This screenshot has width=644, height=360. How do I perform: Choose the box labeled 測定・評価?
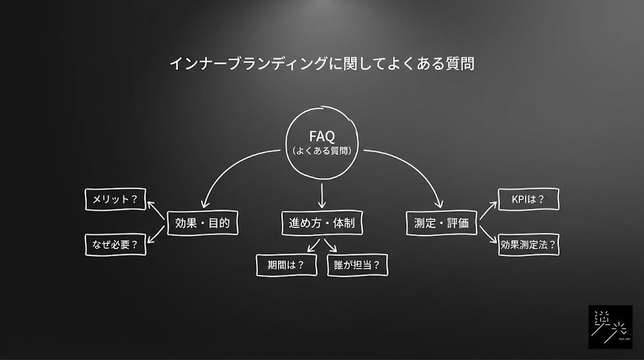(x=441, y=223)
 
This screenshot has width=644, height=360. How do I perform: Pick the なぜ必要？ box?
(x=115, y=245)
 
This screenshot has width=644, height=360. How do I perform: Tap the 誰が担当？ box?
(x=357, y=265)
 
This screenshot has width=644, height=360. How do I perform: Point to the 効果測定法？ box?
(x=528, y=245)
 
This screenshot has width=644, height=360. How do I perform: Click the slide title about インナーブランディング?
(x=321, y=64)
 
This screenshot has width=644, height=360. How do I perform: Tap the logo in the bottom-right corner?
(x=610, y=327)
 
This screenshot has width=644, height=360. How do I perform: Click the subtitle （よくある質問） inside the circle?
(x=321, y=151)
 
